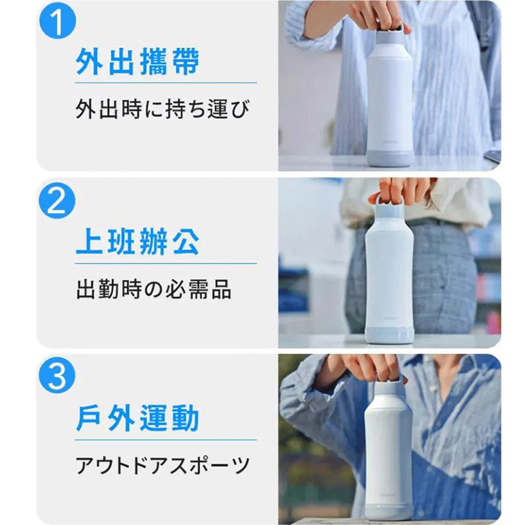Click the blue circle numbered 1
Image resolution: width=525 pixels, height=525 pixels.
click(x=58, y=20)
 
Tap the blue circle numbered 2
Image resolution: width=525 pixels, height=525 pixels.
click(x=57, y=201)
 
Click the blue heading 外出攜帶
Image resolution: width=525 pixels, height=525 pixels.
click(x=138, y=61)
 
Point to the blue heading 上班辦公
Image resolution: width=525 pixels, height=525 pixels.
click(x=138, y=241)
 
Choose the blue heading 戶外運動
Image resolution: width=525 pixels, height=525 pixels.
click(x=138, y=418)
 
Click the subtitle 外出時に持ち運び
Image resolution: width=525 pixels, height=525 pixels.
click(x=163, y=109)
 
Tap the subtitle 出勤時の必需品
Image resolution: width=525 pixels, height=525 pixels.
click(x=154, y=289)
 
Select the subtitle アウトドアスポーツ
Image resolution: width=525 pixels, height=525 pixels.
click(x=163, y=465)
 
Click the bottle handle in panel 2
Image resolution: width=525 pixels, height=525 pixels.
click(x=389, y=201)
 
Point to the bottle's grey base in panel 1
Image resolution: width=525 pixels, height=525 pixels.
click(x=390, y=159)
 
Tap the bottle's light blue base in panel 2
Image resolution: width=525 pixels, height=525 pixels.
click(x=390, y=335)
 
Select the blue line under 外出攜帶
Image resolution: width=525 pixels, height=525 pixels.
click(x=166, y=83)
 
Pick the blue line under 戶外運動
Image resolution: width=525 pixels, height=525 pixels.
click(x=166, y=439)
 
